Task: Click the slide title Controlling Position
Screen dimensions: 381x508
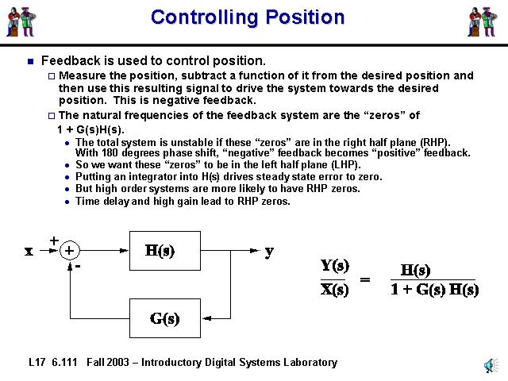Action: [x=248, y=17]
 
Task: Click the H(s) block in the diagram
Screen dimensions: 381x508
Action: [x=160, y=251]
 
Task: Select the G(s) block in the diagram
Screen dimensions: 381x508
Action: [x=164, y=319]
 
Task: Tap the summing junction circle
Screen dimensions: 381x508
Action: [x=70, y=251]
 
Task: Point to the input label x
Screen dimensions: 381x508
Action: [x=29, y=251]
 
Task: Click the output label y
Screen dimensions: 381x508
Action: [x=269, y=251]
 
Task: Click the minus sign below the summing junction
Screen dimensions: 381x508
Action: [x=77, y=266]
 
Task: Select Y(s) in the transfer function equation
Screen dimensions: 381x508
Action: [x=334, y=265]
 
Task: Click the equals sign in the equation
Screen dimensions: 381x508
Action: [x=366, y=279]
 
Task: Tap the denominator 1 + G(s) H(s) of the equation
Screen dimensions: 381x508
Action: [x=434, y=290]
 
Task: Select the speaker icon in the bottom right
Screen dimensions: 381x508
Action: [x=490, y=365]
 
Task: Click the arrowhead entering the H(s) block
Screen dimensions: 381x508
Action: [x=125, y=251]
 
